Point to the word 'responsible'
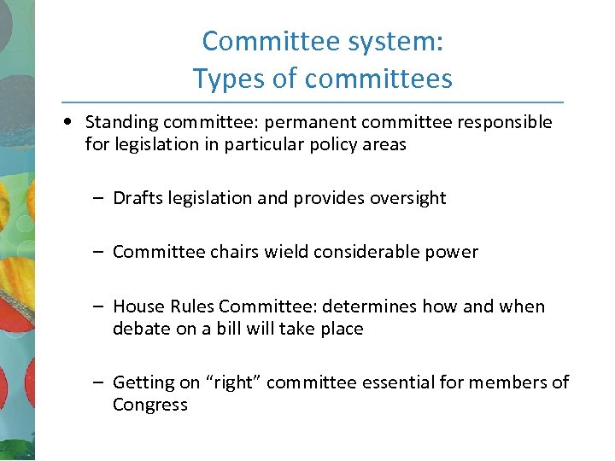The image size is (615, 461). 505,122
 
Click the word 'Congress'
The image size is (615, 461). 150,405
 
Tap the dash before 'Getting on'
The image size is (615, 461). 99,382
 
